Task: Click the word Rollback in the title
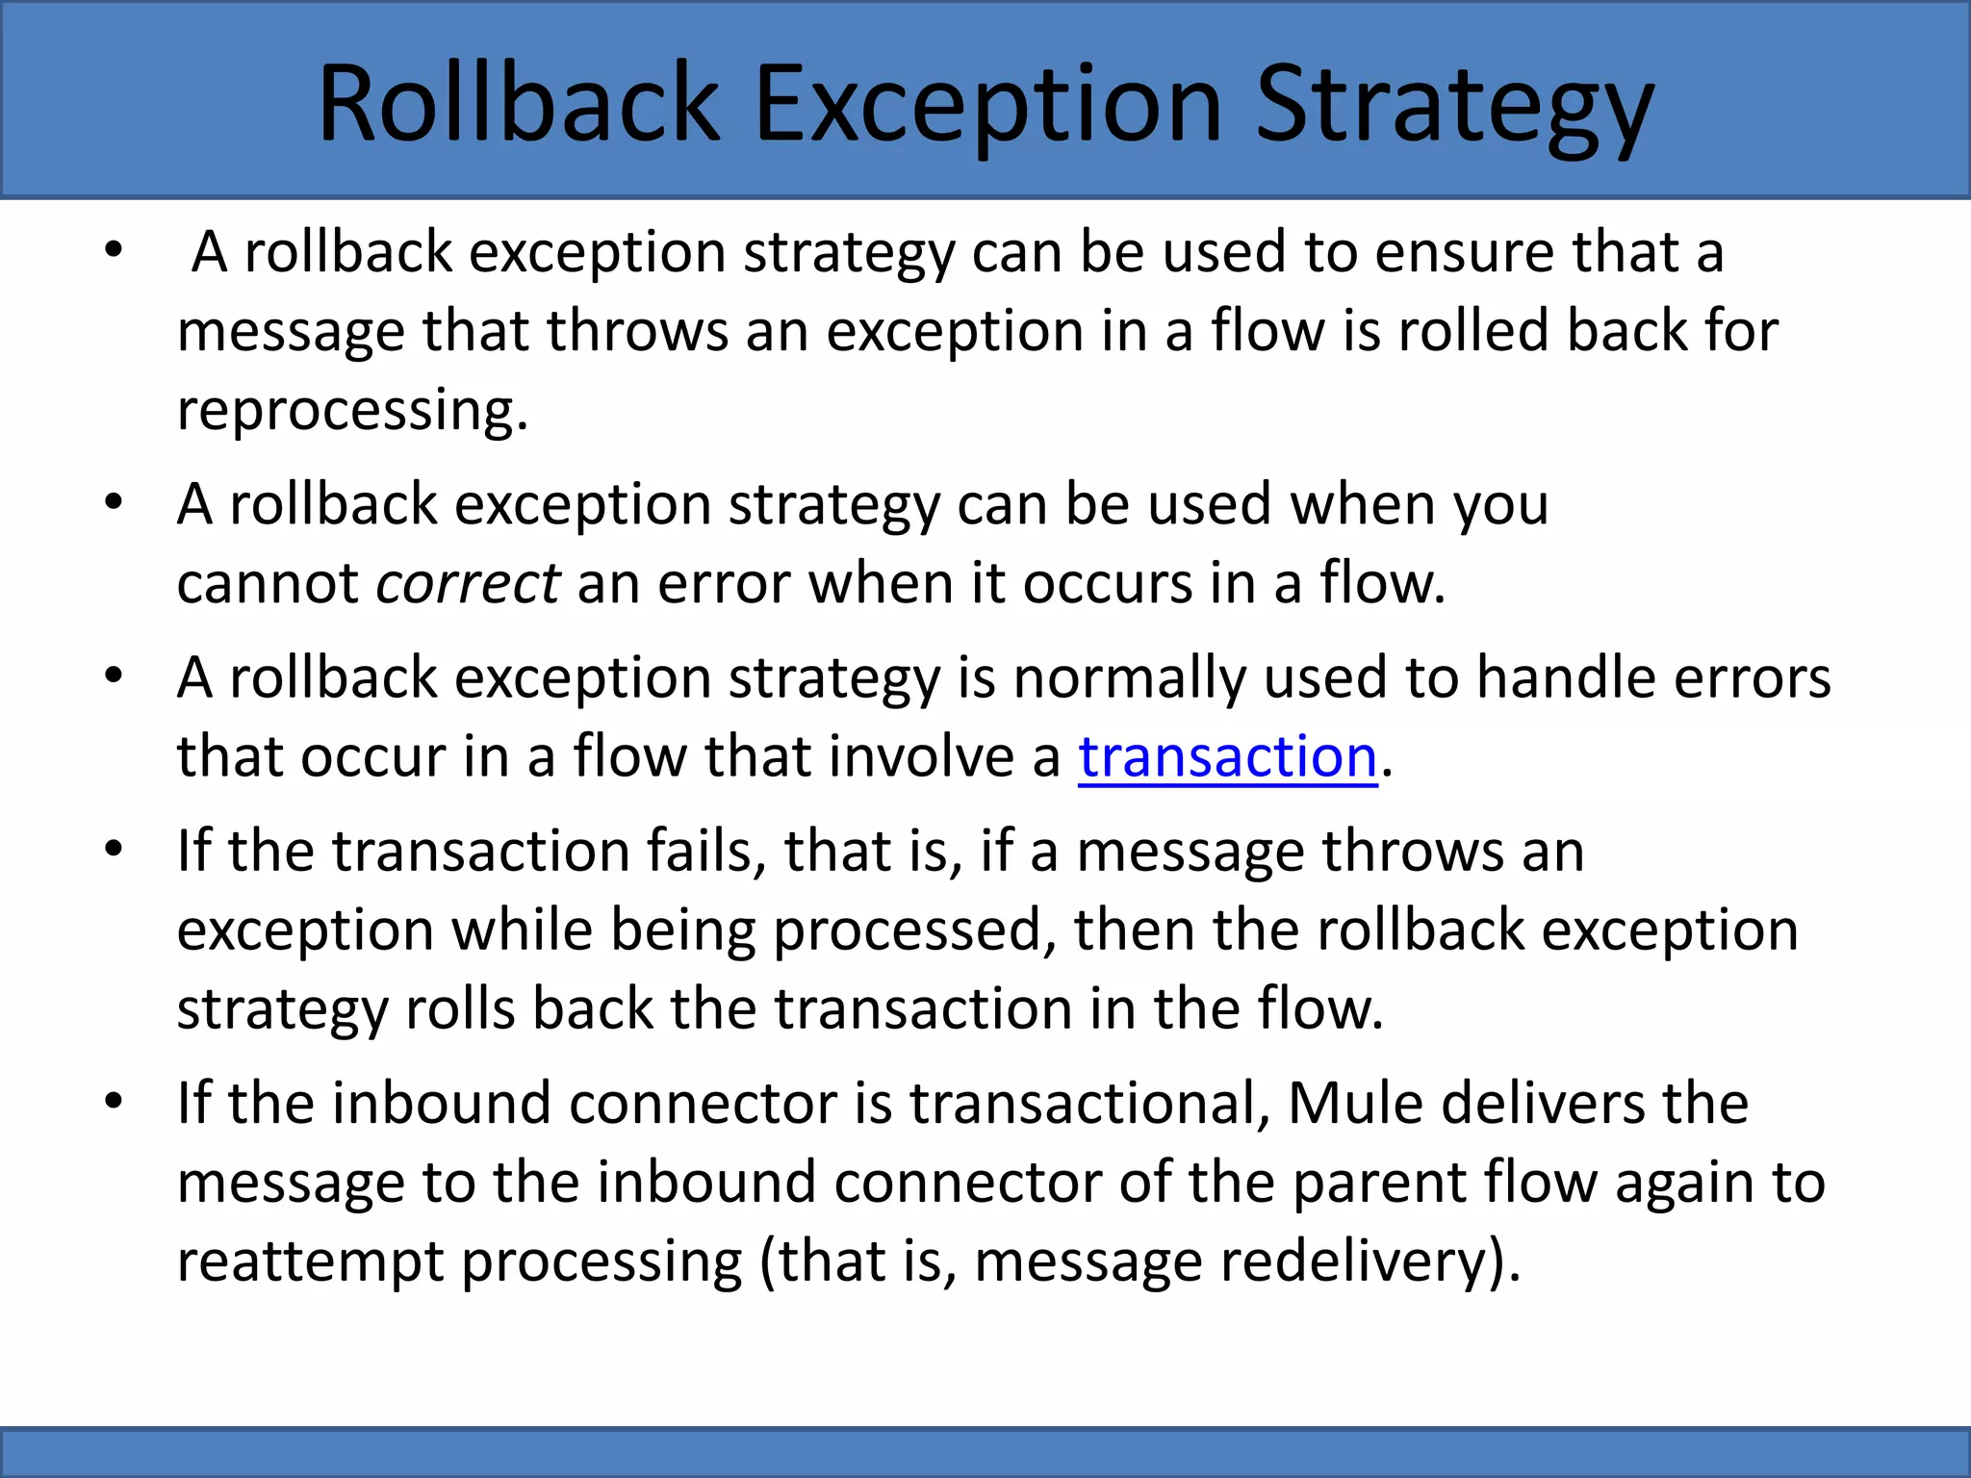pyautogui.click(x=518, y=103)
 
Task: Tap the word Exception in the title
pyautogui.click(x=986, y=103)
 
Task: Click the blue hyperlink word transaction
pyautogui.click(x=1227, y=756)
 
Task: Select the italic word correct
pyautogui.click(x=468, y=583)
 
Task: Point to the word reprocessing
pyautogui.click(x=352, y=410)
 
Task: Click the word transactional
pyautogui.click(x=1089, y=1103)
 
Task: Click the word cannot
pyautogui.click(x=268, y=583)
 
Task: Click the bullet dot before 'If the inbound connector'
pyautogui.click(x=114, y=1102)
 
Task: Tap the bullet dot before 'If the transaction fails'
pyautogui.click(x=114, y=850)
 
